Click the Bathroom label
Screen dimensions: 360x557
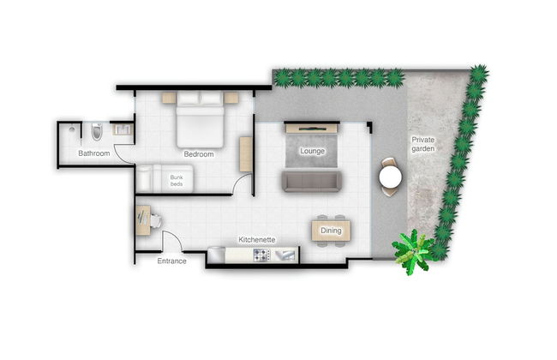(93, 153)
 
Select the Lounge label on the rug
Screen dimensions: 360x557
(312, 151)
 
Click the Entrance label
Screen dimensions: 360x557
(171, 261)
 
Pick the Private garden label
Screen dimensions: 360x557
(423, 144)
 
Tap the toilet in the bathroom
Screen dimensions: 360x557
(96, 132)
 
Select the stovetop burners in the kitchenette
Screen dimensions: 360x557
(260, 255)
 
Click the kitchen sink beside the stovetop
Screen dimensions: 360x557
(284, 255)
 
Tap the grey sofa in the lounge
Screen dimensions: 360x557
(312, 181)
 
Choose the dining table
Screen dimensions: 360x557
(331, 231)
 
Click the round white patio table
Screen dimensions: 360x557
(391, 177)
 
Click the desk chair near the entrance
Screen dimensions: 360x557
(158, 220)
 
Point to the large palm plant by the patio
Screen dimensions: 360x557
(414, 252)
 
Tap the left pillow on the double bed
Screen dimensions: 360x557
(188, 100)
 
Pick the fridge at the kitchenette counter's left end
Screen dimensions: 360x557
(216, 255)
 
